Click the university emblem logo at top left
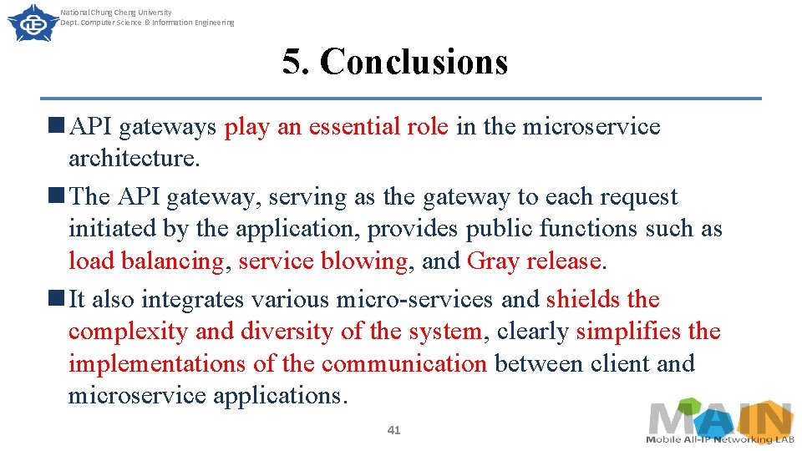[28, 23]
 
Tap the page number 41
[394, 430]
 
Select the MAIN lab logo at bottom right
[719, 423]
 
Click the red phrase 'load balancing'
[146, 261]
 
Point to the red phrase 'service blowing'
[323, 261]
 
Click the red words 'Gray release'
[535, 261]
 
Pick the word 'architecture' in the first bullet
[132, 159]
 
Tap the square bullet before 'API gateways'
[57, 126]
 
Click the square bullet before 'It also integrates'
[57, 298]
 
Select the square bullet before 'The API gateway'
[57, 196]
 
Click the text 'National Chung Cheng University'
[116, 13]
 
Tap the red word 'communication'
[404, 364]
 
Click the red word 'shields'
[582, 299]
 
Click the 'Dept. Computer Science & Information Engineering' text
[147, 23]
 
